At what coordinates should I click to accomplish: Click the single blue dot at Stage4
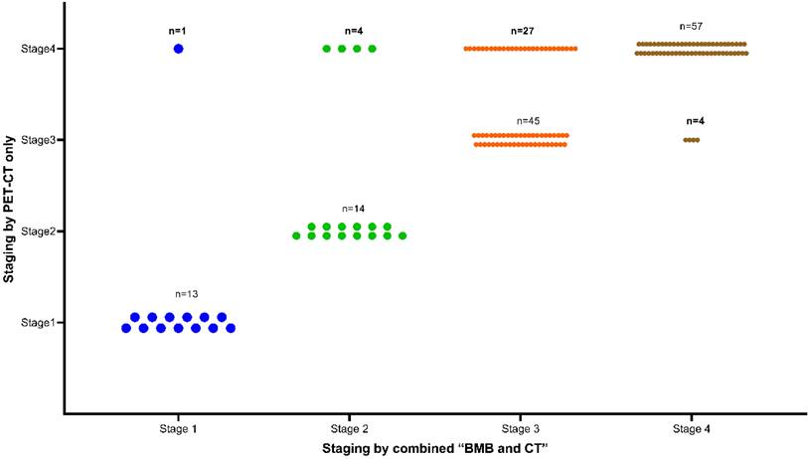point(178,48)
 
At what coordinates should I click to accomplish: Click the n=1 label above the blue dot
point(178,31)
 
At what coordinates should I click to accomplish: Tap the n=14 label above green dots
point(354,209)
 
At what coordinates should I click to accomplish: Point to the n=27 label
point(522,31)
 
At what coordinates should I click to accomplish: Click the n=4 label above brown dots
point(693,120)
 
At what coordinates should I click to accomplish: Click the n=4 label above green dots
point(350,31)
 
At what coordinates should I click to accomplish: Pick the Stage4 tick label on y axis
point(37,48)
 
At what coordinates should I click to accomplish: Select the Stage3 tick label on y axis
point(37,140)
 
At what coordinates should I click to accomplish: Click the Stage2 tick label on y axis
point(37,231)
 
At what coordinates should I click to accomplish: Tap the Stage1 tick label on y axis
point(37,322)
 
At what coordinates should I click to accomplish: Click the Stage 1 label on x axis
point(179,429)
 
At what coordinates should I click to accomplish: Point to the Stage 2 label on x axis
point(349,429)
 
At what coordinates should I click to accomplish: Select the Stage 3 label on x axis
point(521,429)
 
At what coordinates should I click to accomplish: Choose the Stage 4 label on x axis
point(691,429)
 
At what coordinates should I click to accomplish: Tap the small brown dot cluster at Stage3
point(692,140)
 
